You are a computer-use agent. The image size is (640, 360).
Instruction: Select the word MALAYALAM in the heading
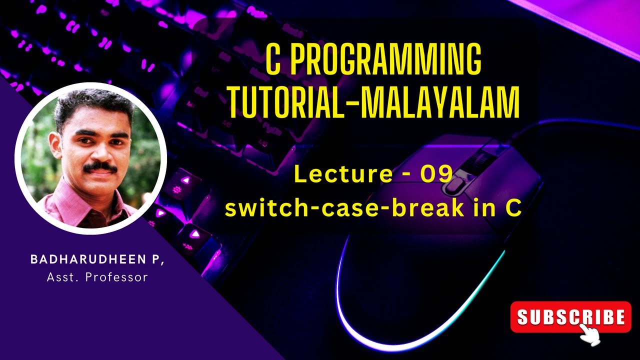[x=440, y=102]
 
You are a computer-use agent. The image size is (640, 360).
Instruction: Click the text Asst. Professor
[x=97, y=277]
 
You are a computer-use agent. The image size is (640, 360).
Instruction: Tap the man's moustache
[x=100, y=168]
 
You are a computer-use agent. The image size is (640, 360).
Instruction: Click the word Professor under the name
[x=116, y=277]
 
